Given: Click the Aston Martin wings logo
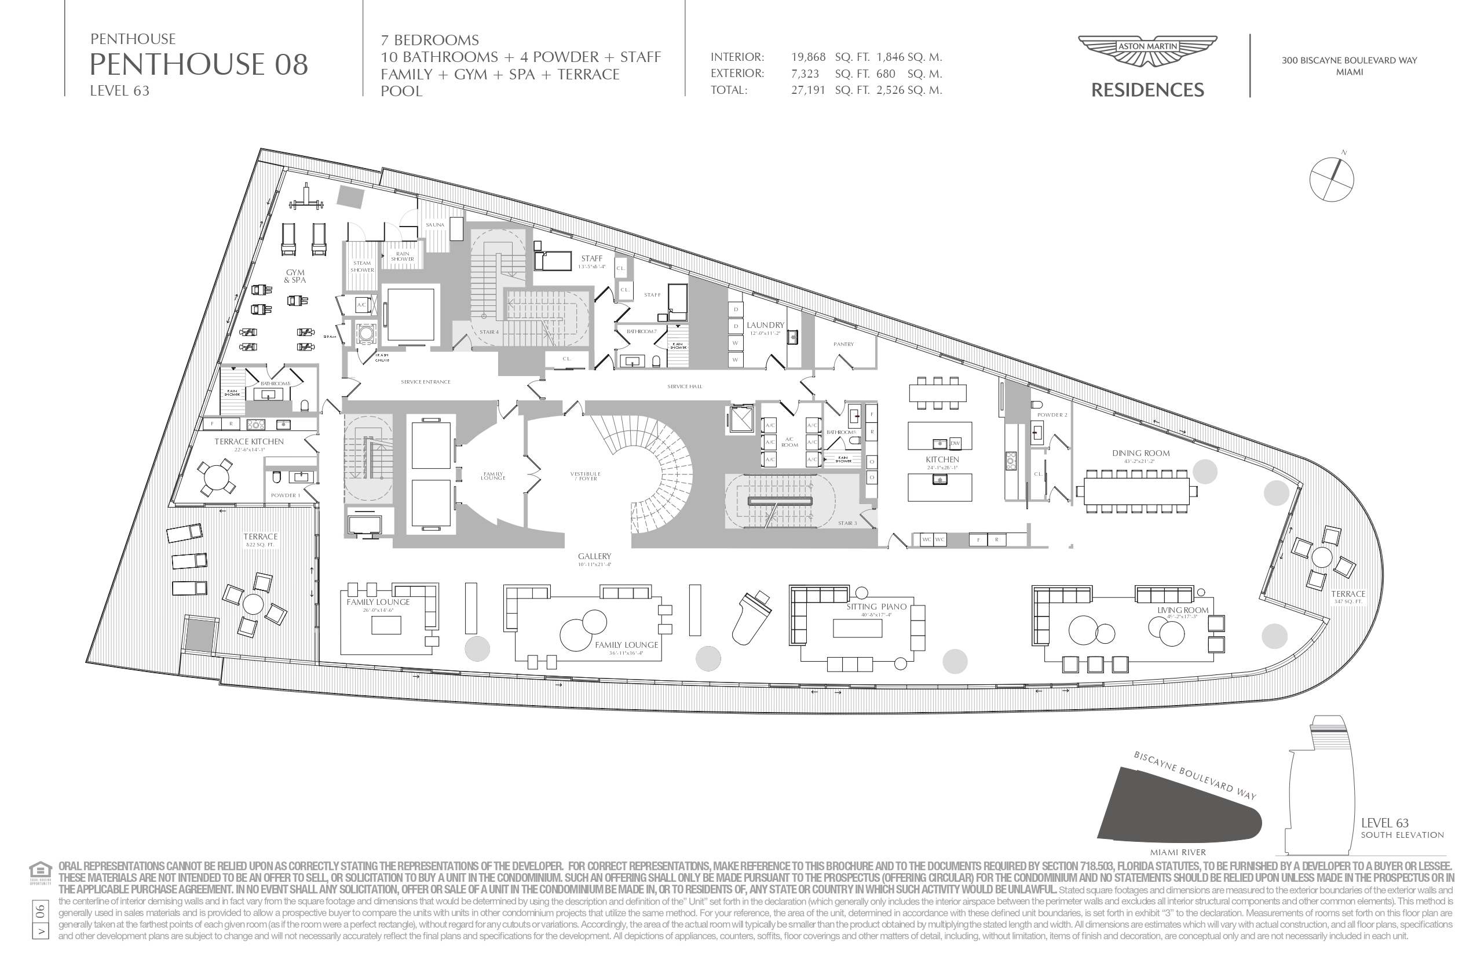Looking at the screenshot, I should (1147, 49).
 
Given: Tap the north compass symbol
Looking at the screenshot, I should (1331, 180).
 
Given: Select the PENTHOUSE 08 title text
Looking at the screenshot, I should (199, 64).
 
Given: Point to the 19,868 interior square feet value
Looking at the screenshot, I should (808, 57).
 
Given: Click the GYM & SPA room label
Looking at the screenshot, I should (295, 276).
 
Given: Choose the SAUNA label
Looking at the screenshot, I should (434, 225).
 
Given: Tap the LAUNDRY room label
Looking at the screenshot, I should (765, 324).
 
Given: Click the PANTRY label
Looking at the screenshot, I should (843, 344).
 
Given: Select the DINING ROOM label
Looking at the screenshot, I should (1140, 453).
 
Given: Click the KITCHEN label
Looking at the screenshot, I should (942, 459).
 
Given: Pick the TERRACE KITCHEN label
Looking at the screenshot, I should (249, 441).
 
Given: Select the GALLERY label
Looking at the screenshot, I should (594, 556).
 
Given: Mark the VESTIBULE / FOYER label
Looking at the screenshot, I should (585, 476).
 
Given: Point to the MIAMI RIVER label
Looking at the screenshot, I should (1177, 852).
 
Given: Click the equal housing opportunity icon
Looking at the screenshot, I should (39, 870).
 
